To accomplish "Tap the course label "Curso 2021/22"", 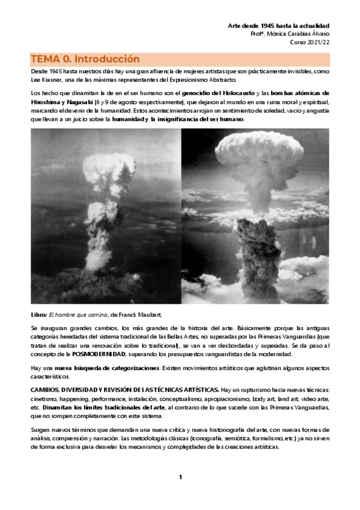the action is tap(310, 43).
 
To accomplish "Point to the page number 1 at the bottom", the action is tap(180, 477).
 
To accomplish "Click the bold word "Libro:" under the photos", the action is tap(40, 315).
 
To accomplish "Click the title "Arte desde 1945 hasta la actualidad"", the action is tap(279, 26).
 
